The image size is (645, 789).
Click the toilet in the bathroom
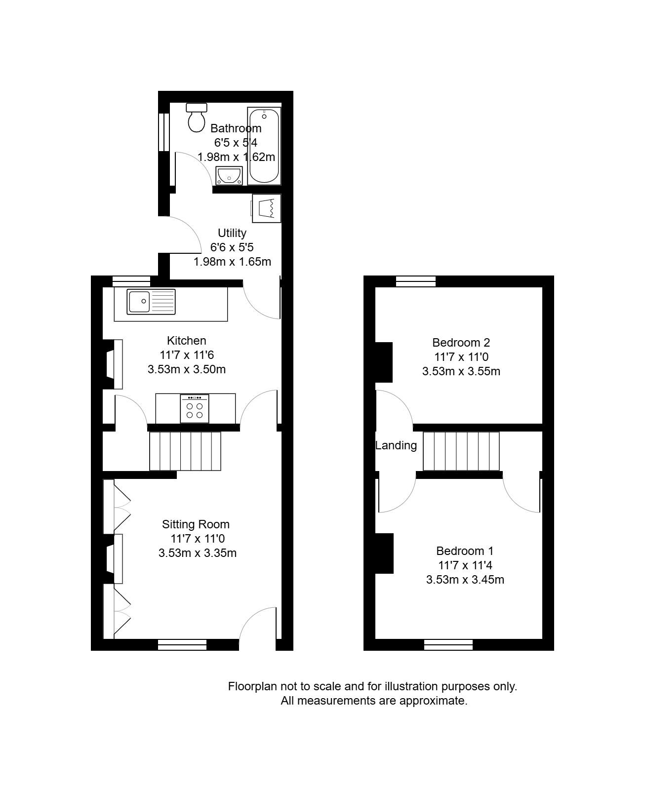pos(197,118)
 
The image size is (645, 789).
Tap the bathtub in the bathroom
pos(264,146)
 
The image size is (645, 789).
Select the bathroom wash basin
pos(229,175)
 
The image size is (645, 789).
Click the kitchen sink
pos(151,302)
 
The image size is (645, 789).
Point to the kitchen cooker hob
pos(195,408)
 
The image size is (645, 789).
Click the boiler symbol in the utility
pos(266,208)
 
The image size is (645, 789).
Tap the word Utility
pos(232,233)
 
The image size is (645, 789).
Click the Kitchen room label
pos(186,341)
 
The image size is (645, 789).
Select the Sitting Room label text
pos(196,524)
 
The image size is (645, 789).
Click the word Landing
pos(396,445)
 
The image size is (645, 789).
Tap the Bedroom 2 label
pos(461,342)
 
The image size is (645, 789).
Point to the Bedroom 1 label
pos(465,551)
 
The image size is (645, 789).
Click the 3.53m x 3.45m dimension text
pos(465,580)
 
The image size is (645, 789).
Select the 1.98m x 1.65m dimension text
pos(232,262)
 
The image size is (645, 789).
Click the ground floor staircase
pos(185,451)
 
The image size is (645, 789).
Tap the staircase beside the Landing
pos(461,451)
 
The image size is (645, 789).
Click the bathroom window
pos(164,132)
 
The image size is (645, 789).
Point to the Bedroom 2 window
pos(416,281)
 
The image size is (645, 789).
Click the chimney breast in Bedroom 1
pos(384,553)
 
